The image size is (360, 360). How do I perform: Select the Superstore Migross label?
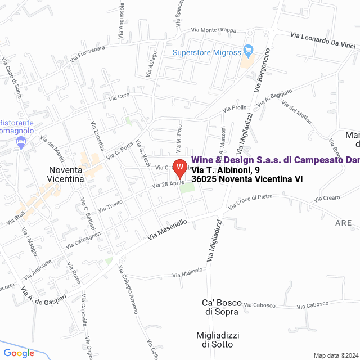pos(206,53)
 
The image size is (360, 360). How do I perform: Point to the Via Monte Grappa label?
pos(214,30)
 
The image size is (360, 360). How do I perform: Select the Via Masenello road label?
pos(167,231)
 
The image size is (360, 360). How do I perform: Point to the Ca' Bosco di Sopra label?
pos(220,307)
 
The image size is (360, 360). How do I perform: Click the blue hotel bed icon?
pos(21,144)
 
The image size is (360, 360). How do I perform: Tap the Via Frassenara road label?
pos(87,53)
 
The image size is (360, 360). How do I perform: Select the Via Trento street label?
pos(110,206)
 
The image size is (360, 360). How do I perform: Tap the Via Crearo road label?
pos(327,198)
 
